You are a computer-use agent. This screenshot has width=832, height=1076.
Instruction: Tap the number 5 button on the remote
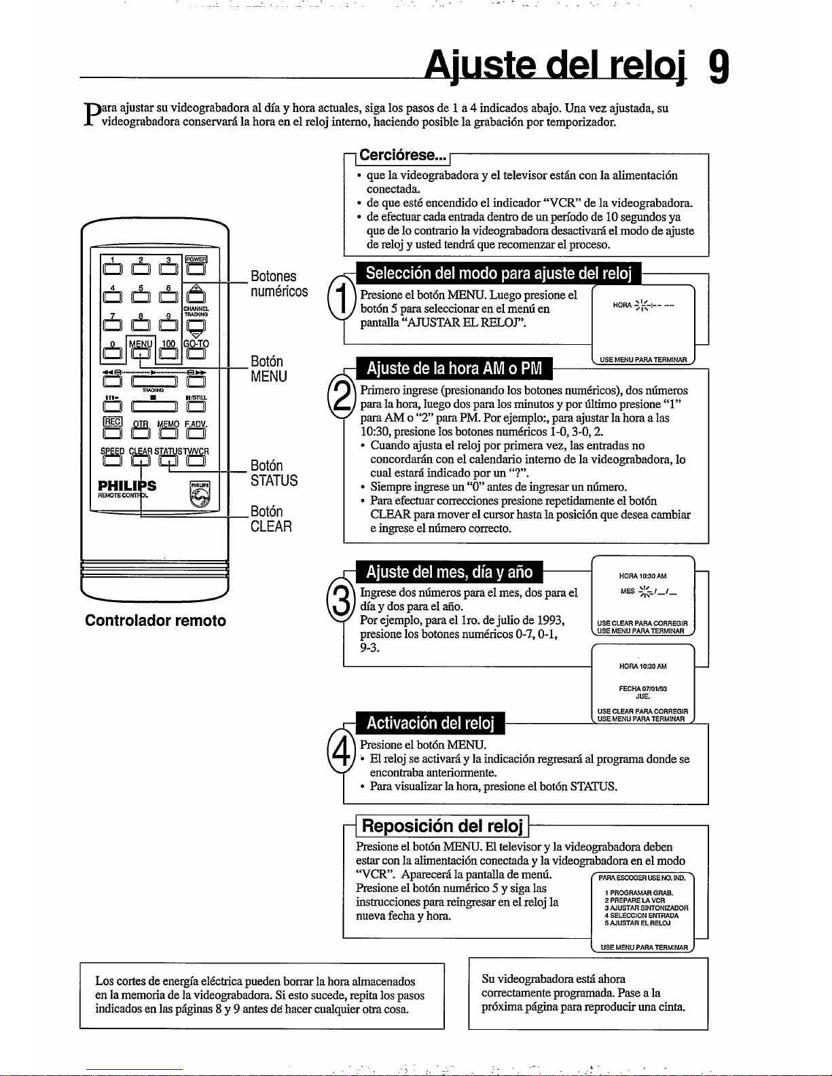pos(139,295)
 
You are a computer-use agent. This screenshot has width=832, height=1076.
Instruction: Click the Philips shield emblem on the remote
pos(199,494)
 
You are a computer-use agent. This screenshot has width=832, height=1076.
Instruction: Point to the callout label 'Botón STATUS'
pos(274,473)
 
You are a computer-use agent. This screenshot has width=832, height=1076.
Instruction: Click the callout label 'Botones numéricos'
pos(278,284)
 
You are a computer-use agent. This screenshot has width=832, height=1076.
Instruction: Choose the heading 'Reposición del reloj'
pos(443,826)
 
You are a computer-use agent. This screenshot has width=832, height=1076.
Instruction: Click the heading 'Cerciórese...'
pos(401,155)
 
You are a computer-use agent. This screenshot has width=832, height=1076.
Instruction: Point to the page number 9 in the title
pos(719,67)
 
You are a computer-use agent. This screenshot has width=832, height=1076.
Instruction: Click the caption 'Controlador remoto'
pos(156,620)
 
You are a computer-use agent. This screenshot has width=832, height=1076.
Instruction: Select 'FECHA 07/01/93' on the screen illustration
pos(643,688)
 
